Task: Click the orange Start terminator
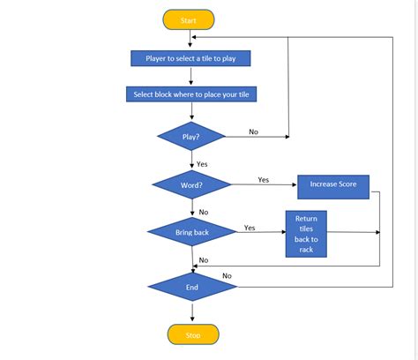click(189, 19)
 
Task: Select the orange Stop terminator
click(192, 334)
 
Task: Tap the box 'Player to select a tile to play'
click(190, 59)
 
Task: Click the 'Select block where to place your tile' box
click(195, 94)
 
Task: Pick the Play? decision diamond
click(190, 137)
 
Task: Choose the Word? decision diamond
click(191, 185)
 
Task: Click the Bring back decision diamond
click(191, 232)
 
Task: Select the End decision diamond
click(191, 287)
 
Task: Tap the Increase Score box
click(332, 185)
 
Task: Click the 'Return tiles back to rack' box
click(306, 234)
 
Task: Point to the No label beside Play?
click(253, 131)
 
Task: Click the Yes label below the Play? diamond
click(202, 164)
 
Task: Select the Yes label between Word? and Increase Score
click(263, 179)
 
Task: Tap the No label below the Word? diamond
click(203, 212)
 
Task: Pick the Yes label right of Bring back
click(250, 227)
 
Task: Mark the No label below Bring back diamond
click(203, 259)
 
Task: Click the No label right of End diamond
click(227, 275)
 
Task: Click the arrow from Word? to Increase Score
click(265, 185)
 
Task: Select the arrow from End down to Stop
click(191, 312)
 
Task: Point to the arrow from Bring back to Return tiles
click(260, 232)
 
